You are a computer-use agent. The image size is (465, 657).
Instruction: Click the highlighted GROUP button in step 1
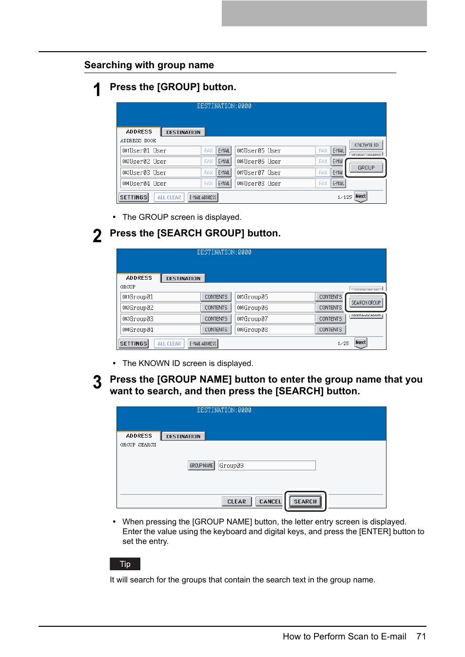click(366, 168)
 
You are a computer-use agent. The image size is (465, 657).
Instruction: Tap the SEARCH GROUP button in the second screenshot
click(366, 303)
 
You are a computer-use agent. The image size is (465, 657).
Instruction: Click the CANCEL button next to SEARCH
click(270, 502)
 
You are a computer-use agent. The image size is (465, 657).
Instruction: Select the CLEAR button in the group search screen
click(237, 502)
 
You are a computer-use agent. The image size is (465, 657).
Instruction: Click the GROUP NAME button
click(201, 465)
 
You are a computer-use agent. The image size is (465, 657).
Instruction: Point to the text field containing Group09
click(267, 465)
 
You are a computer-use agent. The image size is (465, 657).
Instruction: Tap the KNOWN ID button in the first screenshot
click(366, 145)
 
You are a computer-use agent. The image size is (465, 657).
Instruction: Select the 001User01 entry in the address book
click(160, 151)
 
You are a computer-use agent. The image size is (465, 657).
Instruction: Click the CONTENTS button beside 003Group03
click(216, 319)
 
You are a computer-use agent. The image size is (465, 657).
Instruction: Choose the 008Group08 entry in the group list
click(274, 330)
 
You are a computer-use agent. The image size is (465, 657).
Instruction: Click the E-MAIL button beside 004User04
click(224, 184)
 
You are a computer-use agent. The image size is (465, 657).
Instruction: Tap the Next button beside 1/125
click(361, 196)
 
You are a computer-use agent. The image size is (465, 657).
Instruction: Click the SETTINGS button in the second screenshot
click(134, 344)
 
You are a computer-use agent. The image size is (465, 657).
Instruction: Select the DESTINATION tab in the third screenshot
click(183, 436)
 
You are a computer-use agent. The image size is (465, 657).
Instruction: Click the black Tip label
click(125, 564)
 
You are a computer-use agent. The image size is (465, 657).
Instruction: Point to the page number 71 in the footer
click(421, 637)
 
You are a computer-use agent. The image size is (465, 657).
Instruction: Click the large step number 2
click(97, 236)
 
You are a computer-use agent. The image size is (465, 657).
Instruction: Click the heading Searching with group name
click(149, 65)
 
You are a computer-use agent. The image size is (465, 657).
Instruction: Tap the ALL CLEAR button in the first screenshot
click(169, 197)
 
